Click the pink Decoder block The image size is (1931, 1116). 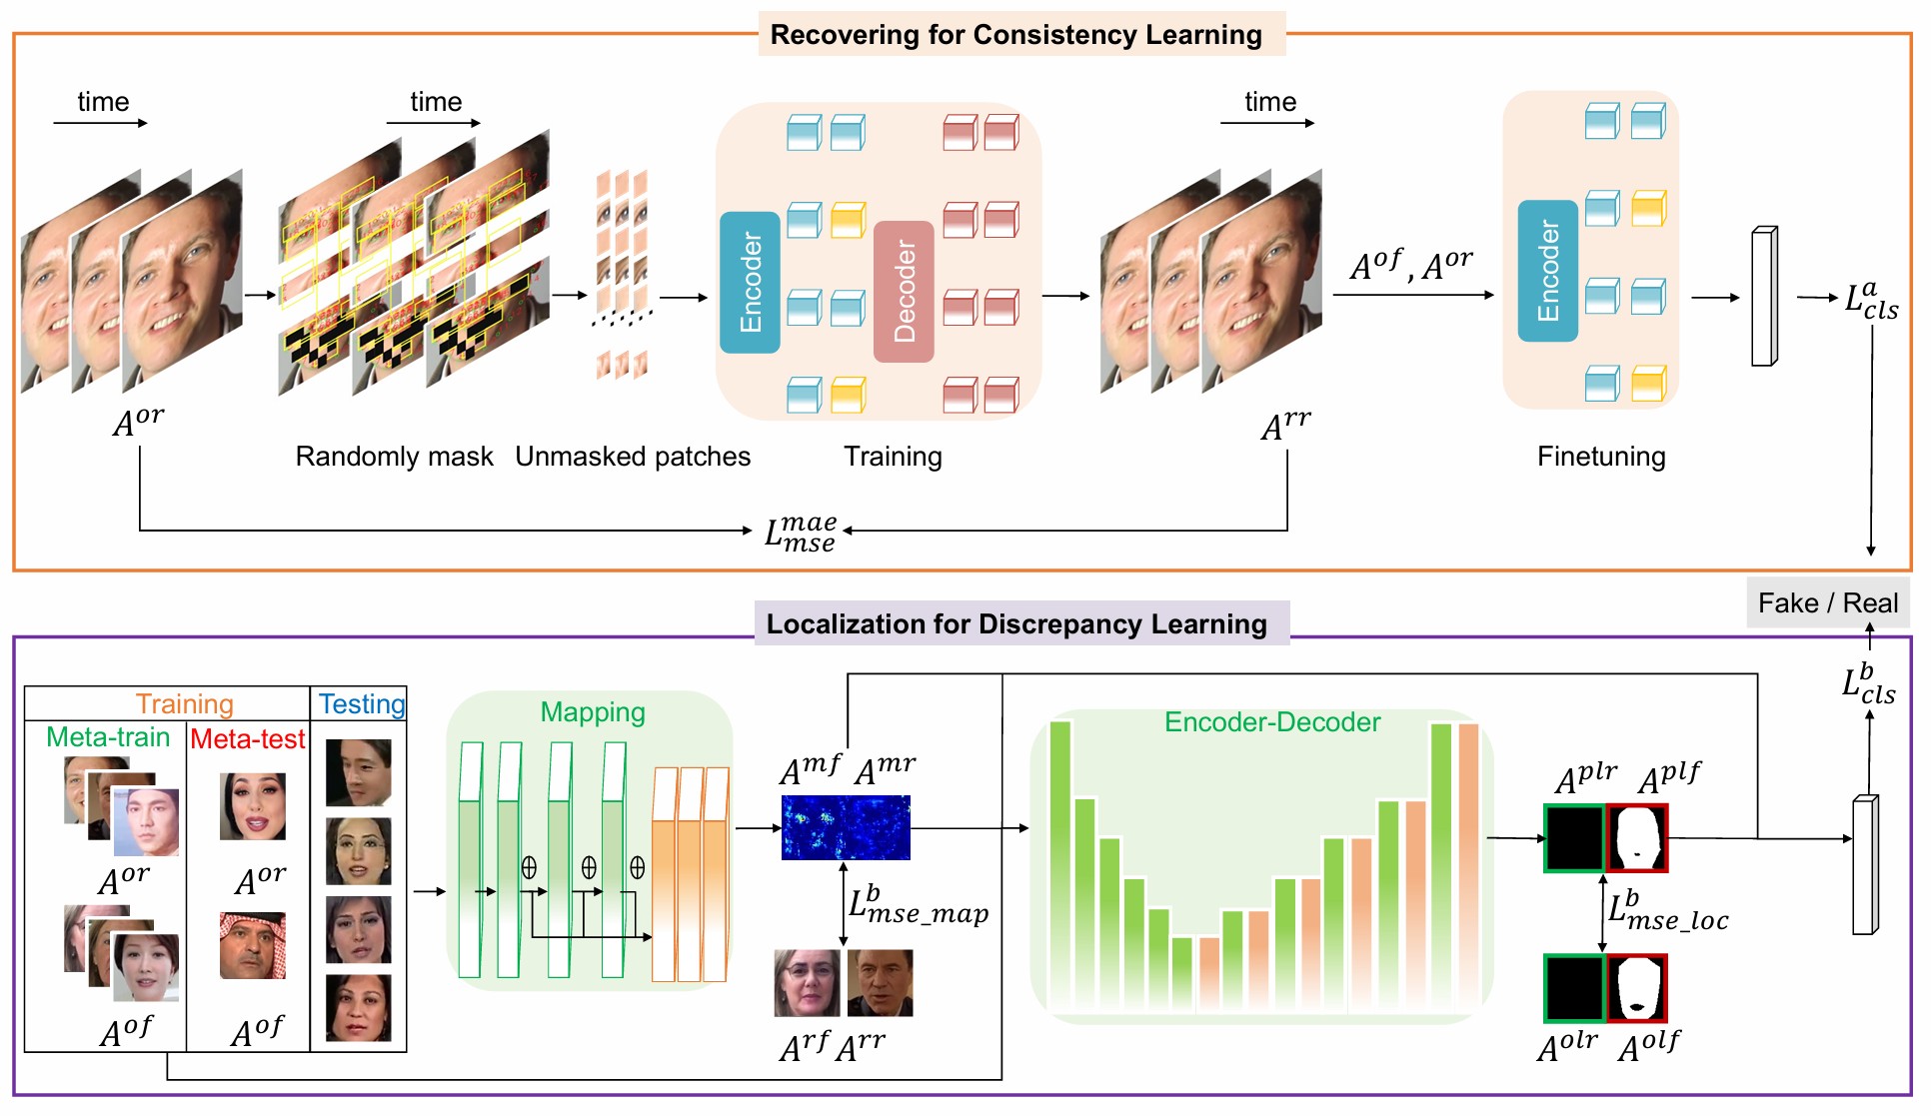[x=904, y=291]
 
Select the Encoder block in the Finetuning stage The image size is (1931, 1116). [x=1547, y=271]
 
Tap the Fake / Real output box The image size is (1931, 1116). [x=1827, y=603]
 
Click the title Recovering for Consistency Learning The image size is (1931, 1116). [x=1015, y=35]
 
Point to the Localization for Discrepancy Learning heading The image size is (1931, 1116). [x=1015, y=624]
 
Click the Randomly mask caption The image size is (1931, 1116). [x=394, y=457]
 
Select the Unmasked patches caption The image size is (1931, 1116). [x=633, y=457]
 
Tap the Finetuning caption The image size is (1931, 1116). [x=1601, y=457]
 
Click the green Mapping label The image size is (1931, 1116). [x=593, y=712]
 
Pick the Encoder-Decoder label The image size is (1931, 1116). [x=1272, y=722]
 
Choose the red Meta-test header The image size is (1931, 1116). [x=247, y=739]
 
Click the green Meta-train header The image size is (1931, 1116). [x=108, y=737]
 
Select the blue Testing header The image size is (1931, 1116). [x=362, y=704]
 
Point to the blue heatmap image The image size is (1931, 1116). [x=846, y=827]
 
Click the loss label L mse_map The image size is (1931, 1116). [x=918, y=905]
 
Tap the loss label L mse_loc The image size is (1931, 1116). [x=1667, y=911]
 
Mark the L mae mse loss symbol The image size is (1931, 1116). [x=800, y=533]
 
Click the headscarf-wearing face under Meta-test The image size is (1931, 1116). [x=253, y=944]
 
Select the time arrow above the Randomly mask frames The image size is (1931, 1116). [x=434, y=122]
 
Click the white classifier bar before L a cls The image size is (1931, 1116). [x=1764, y=297]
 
